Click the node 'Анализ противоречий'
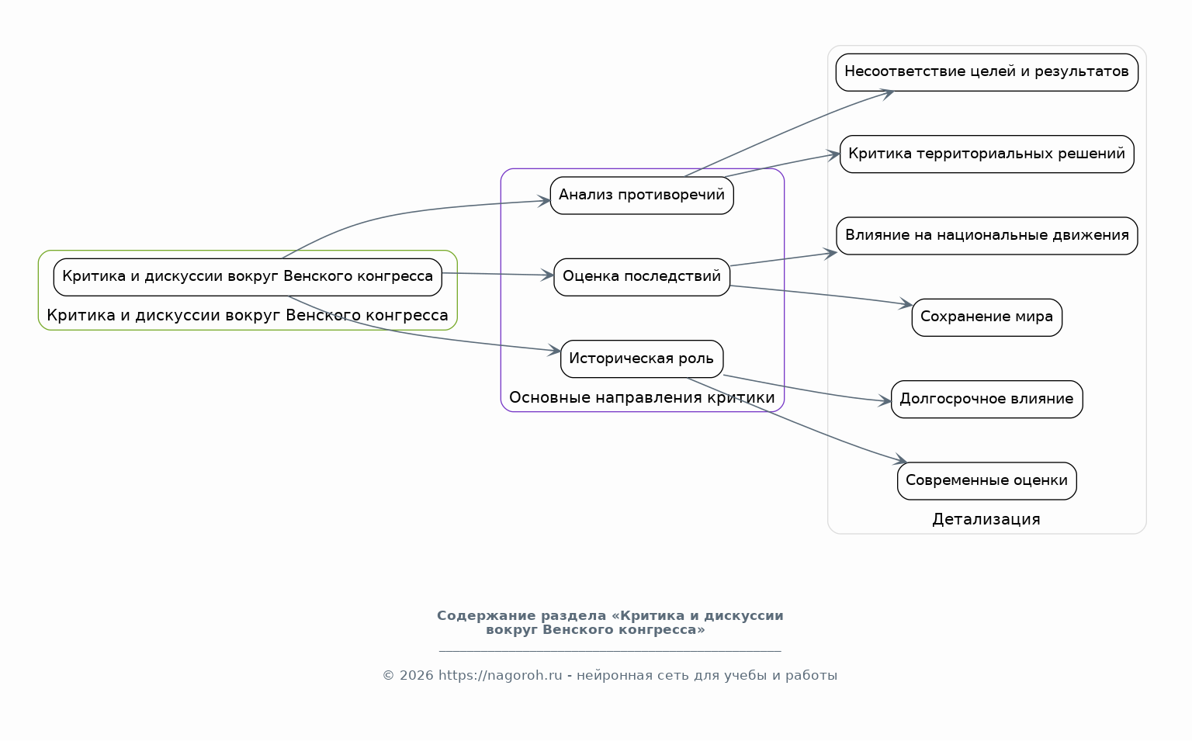pos(642,196)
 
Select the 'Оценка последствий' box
pos(642,277)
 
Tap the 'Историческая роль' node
pos(642,359)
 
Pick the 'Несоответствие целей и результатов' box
pos(986,72)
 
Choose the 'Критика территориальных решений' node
pos(986,154)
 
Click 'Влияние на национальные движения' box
pos(986,236)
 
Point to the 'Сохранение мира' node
pos(986,317)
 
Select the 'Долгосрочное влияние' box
pos(986,400)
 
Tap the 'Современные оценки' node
pos(986,481)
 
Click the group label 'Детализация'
pos(986,519)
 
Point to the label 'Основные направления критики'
pos(642,397)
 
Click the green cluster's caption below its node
pos(248,316)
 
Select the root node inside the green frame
pos(248,277)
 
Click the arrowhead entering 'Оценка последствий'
pos(547,275)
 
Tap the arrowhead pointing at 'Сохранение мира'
pos(906,303)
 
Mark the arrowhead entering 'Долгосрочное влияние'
pos(885,400)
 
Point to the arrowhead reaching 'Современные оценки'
pos(900,459)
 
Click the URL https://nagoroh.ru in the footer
pos(501,676)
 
